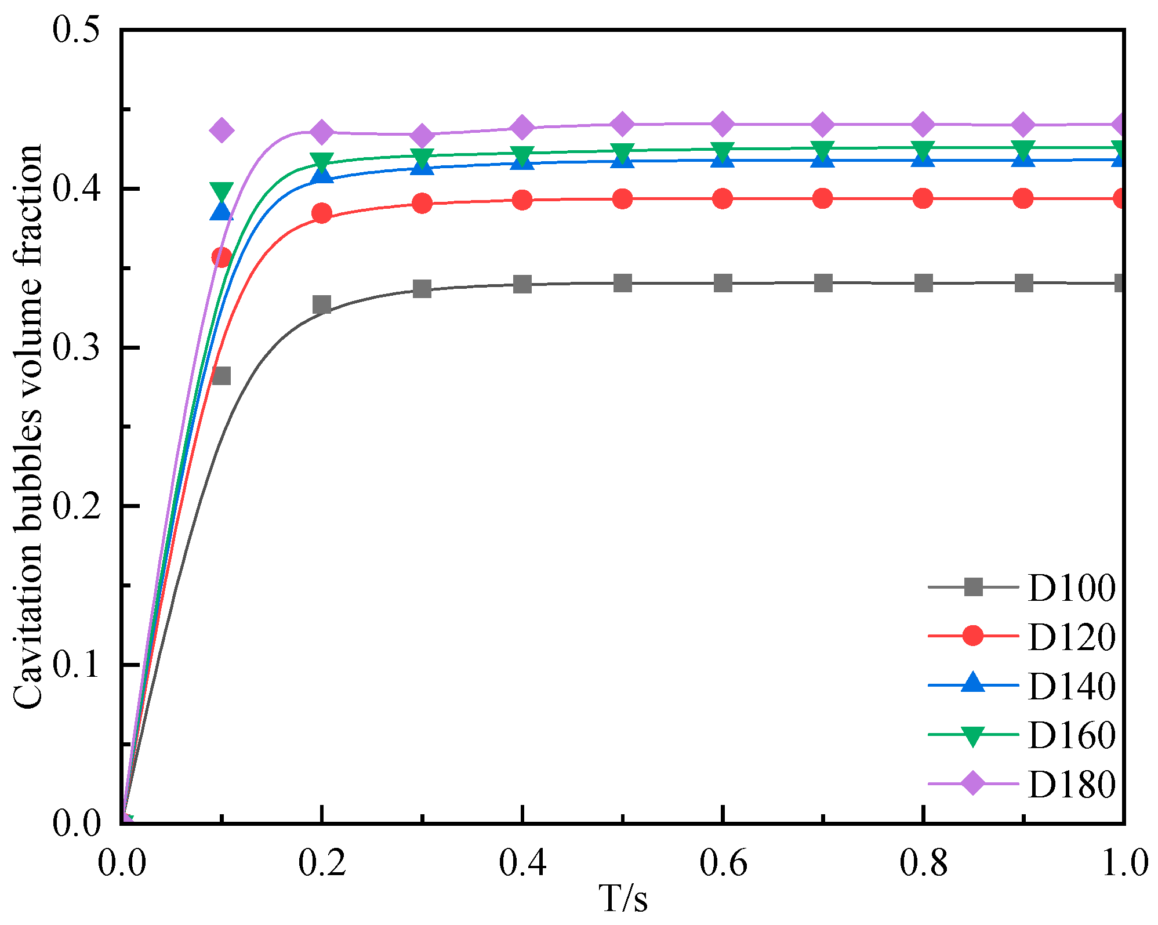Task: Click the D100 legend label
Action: point(1071,588)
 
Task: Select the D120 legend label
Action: point(1071,637)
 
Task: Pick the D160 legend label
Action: point(1071,735)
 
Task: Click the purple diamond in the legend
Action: point(973,784)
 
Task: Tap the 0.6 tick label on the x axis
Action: point(723,863)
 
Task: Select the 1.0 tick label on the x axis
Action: point(1124,863)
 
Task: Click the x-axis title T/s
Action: point(623,899)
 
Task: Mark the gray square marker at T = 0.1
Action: point(221,376)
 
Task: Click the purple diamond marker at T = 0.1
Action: point(221,129)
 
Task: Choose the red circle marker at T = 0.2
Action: point(322,213)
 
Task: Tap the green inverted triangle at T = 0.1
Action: point(222,191)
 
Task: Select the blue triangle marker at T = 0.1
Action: point(221,211)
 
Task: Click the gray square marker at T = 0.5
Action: point(623,284)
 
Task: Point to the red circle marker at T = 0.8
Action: point(923,199)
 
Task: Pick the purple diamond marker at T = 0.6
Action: point(723,124)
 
